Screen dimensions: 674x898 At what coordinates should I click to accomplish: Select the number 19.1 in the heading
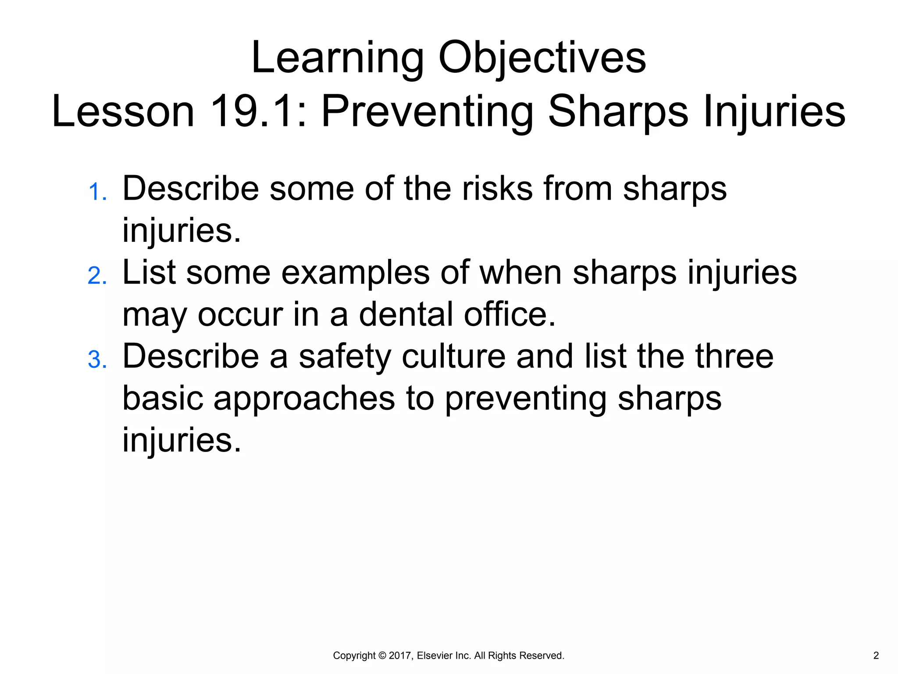[x=252, y=112]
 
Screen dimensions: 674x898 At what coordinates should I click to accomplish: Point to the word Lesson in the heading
[x=123, y=112]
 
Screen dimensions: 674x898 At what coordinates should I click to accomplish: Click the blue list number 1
[x=97, y=193]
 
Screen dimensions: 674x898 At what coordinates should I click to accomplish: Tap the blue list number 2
[x=97, y=276]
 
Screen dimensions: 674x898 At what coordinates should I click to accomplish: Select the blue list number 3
[x=97, y=360]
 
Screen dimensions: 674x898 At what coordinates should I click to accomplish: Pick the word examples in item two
[x=355, y=273]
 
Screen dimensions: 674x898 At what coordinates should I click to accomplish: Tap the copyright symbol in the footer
[x=382, y=656]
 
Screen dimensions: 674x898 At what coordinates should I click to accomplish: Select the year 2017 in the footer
[x=399, y=656]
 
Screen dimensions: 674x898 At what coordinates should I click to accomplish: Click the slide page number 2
[x=876, y=656]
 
